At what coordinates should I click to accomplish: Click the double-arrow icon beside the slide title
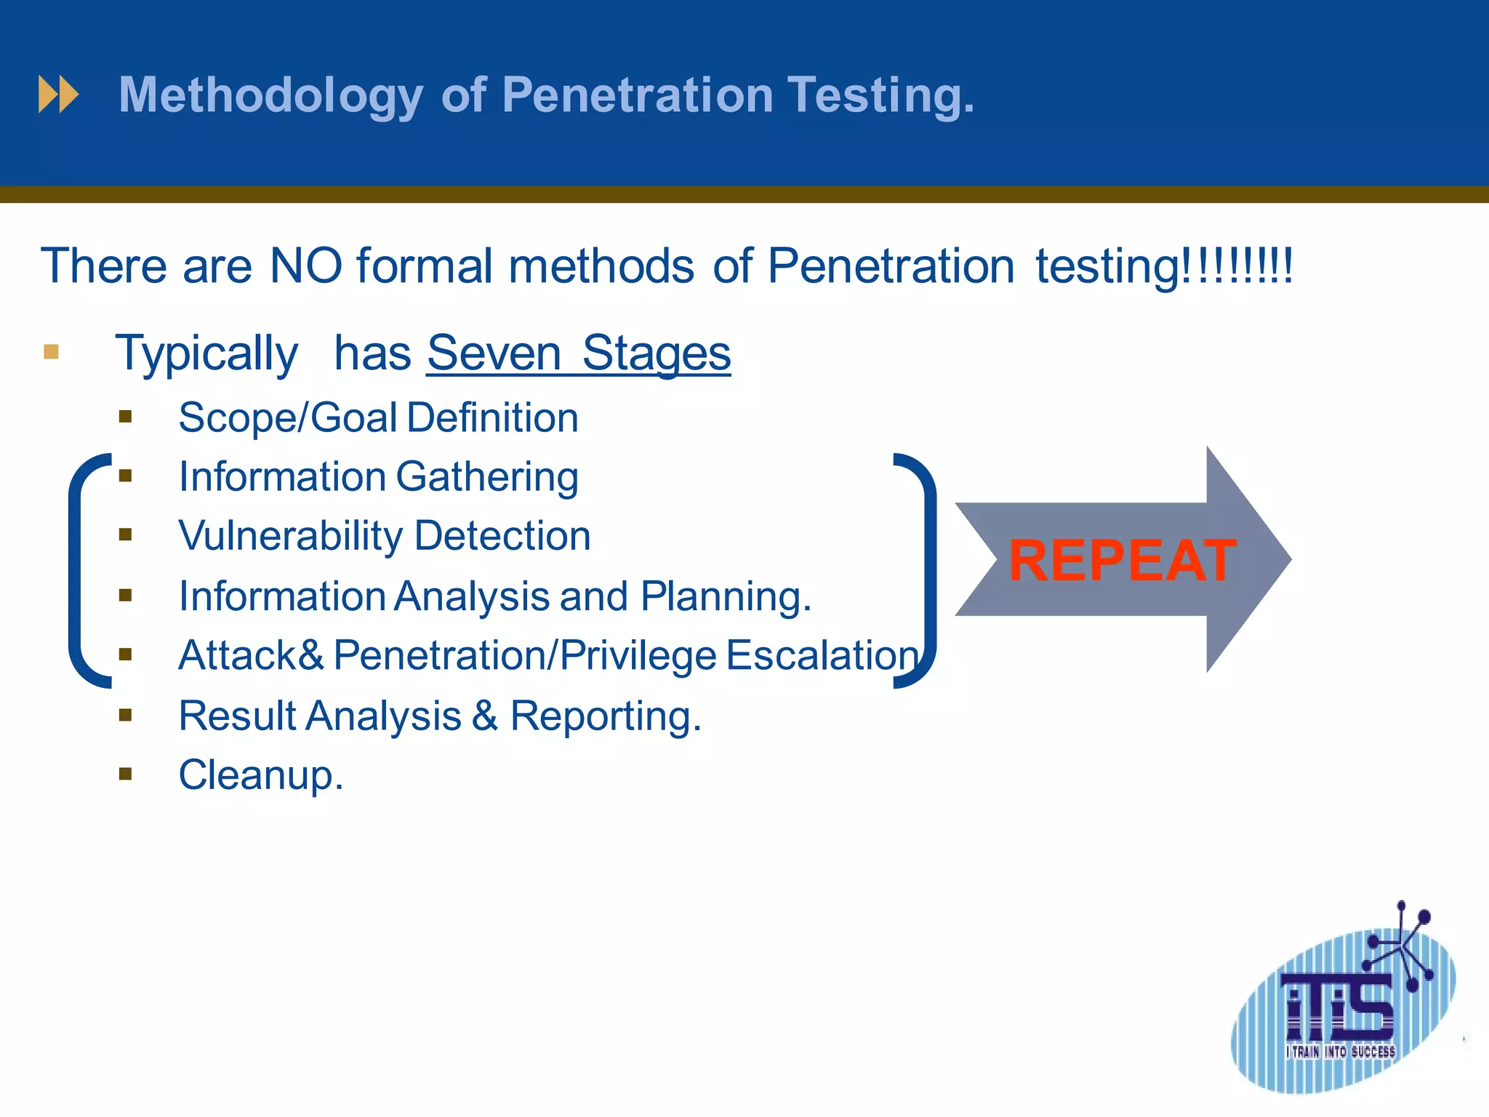pyautogui.click(x=58, y=95)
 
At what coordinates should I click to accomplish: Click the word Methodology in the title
pyautogui.click(x=270, y=96)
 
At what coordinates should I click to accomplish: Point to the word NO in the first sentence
pyautogui.click(x=305, y=265)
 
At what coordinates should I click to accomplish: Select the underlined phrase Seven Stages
pyautogui.click(x=578, y=353)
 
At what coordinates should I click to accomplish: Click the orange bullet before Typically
pyautogui.click(x=51, y=353)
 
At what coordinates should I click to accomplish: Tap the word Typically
pyautogui.click(x=206, y=354)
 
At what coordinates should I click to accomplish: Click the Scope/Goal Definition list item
pyautogui.click(x=378, y=418)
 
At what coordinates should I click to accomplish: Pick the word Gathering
pyautogui.click(x=487, y=478)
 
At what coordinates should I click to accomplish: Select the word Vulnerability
pyautogui.click(x=291, y=537)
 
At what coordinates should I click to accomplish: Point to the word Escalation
pyautogui.click(x=822, y=655)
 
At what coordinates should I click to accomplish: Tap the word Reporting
pyautogui.click(x=605, y=716)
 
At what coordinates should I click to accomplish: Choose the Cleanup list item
pyautogui.click(x=260, y=775)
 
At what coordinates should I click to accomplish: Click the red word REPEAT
pyautogui.click(x=1122, y=561)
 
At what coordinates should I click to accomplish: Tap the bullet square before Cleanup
pyautogui.click(x=126, y=774)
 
